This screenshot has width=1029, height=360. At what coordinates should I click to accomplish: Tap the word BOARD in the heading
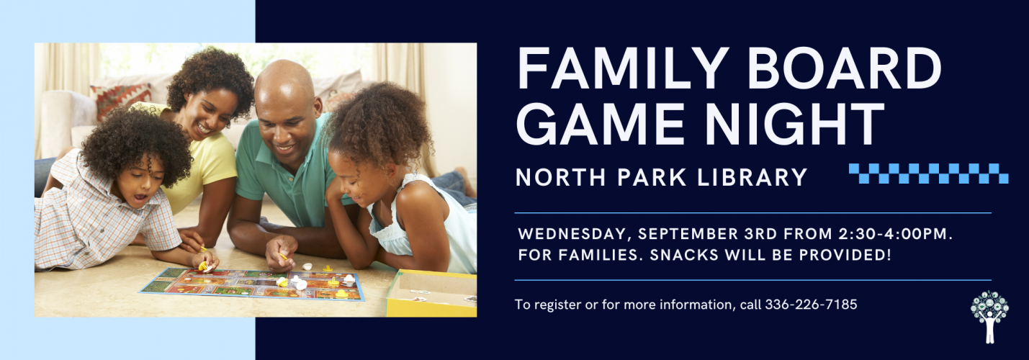845,68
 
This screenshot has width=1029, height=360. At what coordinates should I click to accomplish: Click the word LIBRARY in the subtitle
752,177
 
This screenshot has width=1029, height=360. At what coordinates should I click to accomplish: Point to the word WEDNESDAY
572,234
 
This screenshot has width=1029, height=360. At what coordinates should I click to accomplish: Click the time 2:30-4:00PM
895,234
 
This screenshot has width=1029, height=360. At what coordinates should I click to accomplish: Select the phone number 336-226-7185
811,305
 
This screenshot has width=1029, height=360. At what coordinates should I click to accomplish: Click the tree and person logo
989,317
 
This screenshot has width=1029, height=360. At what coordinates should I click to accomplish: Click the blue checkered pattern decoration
928,174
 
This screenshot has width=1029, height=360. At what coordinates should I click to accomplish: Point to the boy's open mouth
140,199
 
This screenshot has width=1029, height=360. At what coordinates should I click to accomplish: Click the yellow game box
431,293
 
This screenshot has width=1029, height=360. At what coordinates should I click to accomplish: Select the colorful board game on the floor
252,284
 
